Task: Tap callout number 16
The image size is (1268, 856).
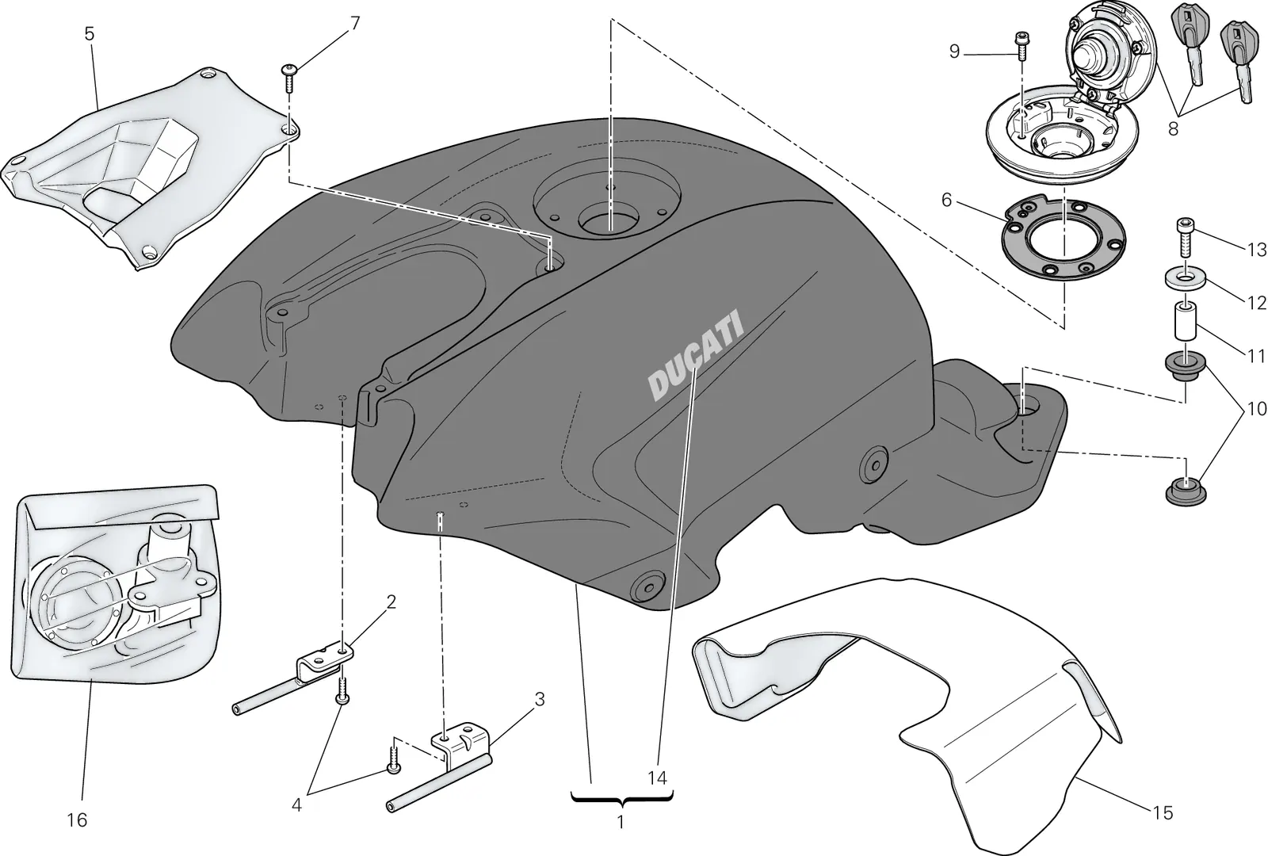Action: [x=77, y=820]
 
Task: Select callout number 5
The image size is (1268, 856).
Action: [x=90, y=34]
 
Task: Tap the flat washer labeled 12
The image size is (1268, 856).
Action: [x=1185, y=278]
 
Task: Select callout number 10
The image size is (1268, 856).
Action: [x=1256, y=409]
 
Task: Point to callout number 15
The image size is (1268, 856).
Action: [x=1163, y=813]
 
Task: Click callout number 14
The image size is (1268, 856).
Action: [x=657, y=778]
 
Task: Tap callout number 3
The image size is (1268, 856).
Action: [x=540, y=700]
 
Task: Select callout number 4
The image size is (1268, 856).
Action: [x=296, y=804]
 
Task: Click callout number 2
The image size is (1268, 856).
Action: [x=391, y=602]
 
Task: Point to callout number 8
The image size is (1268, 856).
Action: [x=1174, y=128]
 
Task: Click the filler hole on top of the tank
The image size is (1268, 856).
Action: [x=609, y=223]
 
